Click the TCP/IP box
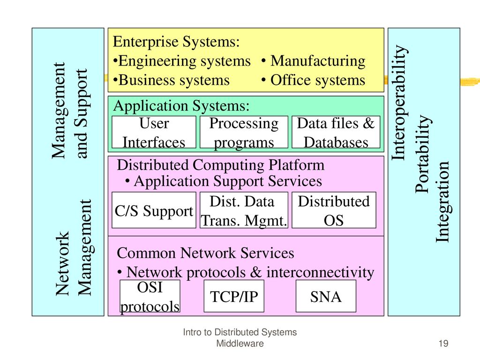(234, 296)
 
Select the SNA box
(326, 296)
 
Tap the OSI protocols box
(150, 296)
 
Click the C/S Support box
(154, 210)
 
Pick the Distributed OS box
(334, 210)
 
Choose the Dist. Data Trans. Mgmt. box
(244, 210)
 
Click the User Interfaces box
(154, 132)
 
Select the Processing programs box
(244, 132)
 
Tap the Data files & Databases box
(336, 132)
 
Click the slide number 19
(443, 343)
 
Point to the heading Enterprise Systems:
(176, 42)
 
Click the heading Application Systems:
(181, 106)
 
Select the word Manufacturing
(318, 61)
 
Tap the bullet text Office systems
(318, 80)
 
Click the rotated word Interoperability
(399, 103)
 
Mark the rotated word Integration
(442, 202)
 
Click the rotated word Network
(62, 263)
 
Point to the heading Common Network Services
(205, 253)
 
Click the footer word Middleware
(240, 344)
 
